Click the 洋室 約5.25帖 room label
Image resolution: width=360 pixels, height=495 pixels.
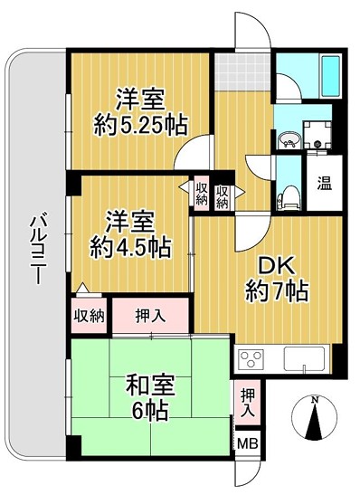click(x=141, y=113)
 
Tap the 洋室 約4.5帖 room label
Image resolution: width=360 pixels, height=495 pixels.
click(x=130, y=234)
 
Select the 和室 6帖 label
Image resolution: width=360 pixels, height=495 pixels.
click(x=150, y=399)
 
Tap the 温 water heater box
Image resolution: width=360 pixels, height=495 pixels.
click(x=325, y=183)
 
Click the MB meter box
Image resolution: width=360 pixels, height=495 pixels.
click(x=248, y=443)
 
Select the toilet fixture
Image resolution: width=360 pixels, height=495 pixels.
click(x=287, y=199)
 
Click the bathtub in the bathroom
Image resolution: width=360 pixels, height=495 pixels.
click(x=330, y=75)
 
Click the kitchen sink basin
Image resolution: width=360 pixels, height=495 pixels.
click(x=304, y=358)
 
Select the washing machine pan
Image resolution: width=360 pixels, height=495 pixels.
click(x=317, y=135)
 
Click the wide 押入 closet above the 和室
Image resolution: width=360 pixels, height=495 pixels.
click(x=150, y=315)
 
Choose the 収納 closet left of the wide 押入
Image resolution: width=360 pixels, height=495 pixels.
click(x=89, y=315)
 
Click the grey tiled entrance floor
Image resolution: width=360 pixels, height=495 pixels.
click(x=242, y=72)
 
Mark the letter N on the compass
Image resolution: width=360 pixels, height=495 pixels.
click(x=314, y=400)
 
